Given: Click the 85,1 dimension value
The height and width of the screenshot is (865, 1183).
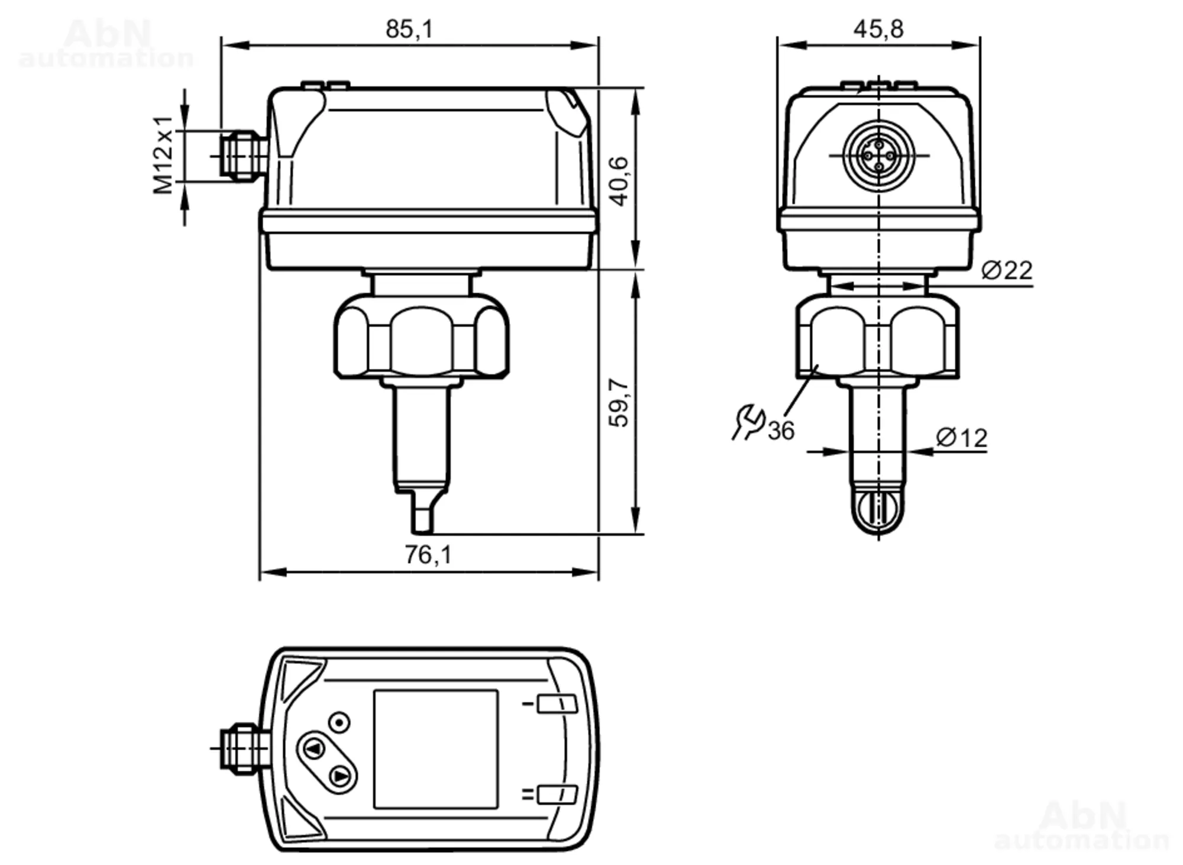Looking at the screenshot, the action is pyautogui.click(x=409, y=29).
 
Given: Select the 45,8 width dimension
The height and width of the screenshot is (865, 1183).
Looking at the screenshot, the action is pyautogui.click(x=878, y=29).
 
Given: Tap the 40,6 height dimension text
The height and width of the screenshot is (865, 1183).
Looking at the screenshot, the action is pyautogui.click(x=619, y=181).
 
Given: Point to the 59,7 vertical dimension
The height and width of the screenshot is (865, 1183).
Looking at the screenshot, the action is pyautogui.click(x=619, y=402).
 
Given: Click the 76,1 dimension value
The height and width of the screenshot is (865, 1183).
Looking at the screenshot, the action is pyautogui.click(x=428, y=555).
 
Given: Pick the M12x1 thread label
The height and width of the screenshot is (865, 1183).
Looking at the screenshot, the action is pyautogui.click(x=163, y=155).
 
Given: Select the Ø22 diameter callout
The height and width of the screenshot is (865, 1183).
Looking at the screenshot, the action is pyautogui.click(x=1007, y=270).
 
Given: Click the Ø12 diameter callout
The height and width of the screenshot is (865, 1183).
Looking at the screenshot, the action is pyautogui.click(x=962, y=438).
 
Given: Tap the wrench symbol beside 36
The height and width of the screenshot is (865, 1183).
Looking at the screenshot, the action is pyautogui.click(x=748, y=422).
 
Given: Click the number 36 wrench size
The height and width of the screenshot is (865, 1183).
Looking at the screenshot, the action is pyautogui.click(x=781, y=431).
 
